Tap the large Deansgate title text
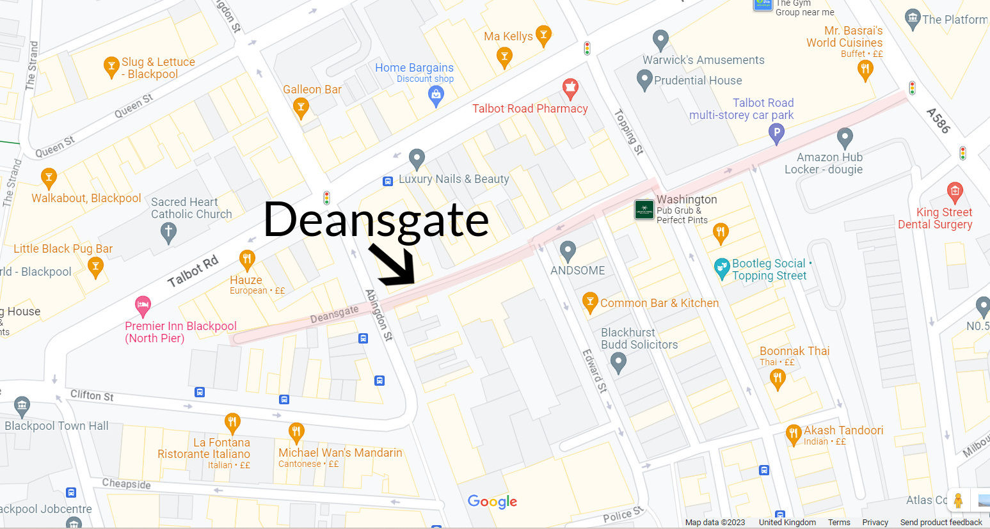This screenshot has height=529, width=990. click(376, 219)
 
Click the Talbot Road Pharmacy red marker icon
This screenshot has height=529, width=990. click(570, 88)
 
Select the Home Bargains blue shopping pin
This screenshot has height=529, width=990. click(436, 96)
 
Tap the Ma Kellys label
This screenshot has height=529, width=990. click(508, 36)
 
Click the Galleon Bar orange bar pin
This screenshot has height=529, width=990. click(301, 107)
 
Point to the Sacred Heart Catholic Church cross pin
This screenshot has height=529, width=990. click(168, 232)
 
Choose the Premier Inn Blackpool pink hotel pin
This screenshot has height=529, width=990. click(143, 304)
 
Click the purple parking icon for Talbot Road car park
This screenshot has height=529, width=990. click(776, 133)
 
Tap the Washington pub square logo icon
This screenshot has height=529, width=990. click(644, 209)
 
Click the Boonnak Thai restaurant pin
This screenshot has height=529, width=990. click(778, 378)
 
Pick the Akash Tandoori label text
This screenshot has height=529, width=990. click(843, 430)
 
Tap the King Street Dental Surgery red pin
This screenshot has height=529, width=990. click(955, 191)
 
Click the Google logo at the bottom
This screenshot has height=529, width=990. click(492, 501)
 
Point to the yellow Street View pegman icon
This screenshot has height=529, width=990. click(958, 500)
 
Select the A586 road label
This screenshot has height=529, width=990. click(938, 120)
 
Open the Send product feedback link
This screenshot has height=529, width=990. click(941, 522)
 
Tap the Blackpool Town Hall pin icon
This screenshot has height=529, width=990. click(22, 406)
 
